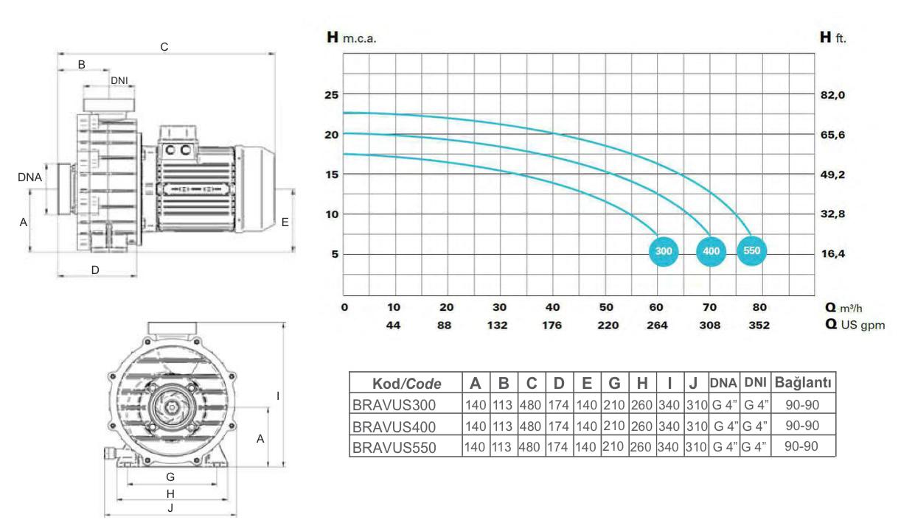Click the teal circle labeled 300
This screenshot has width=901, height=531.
[x=664, y=251]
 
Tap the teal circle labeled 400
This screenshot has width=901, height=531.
[x=711, y=251]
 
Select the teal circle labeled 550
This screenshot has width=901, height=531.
[x=751, y=250]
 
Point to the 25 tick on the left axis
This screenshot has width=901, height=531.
[x=332, y=95]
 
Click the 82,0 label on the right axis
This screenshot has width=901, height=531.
[x=832, y=95]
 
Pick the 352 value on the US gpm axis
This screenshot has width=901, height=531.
[x=759, y=325]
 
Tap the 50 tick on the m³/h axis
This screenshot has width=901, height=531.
[x=606, y=307]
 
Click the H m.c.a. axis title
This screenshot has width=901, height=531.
[x=352, y=38]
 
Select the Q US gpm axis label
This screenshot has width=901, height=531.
[x=855, y=325]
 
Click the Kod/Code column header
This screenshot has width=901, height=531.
[x=407, y=384]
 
